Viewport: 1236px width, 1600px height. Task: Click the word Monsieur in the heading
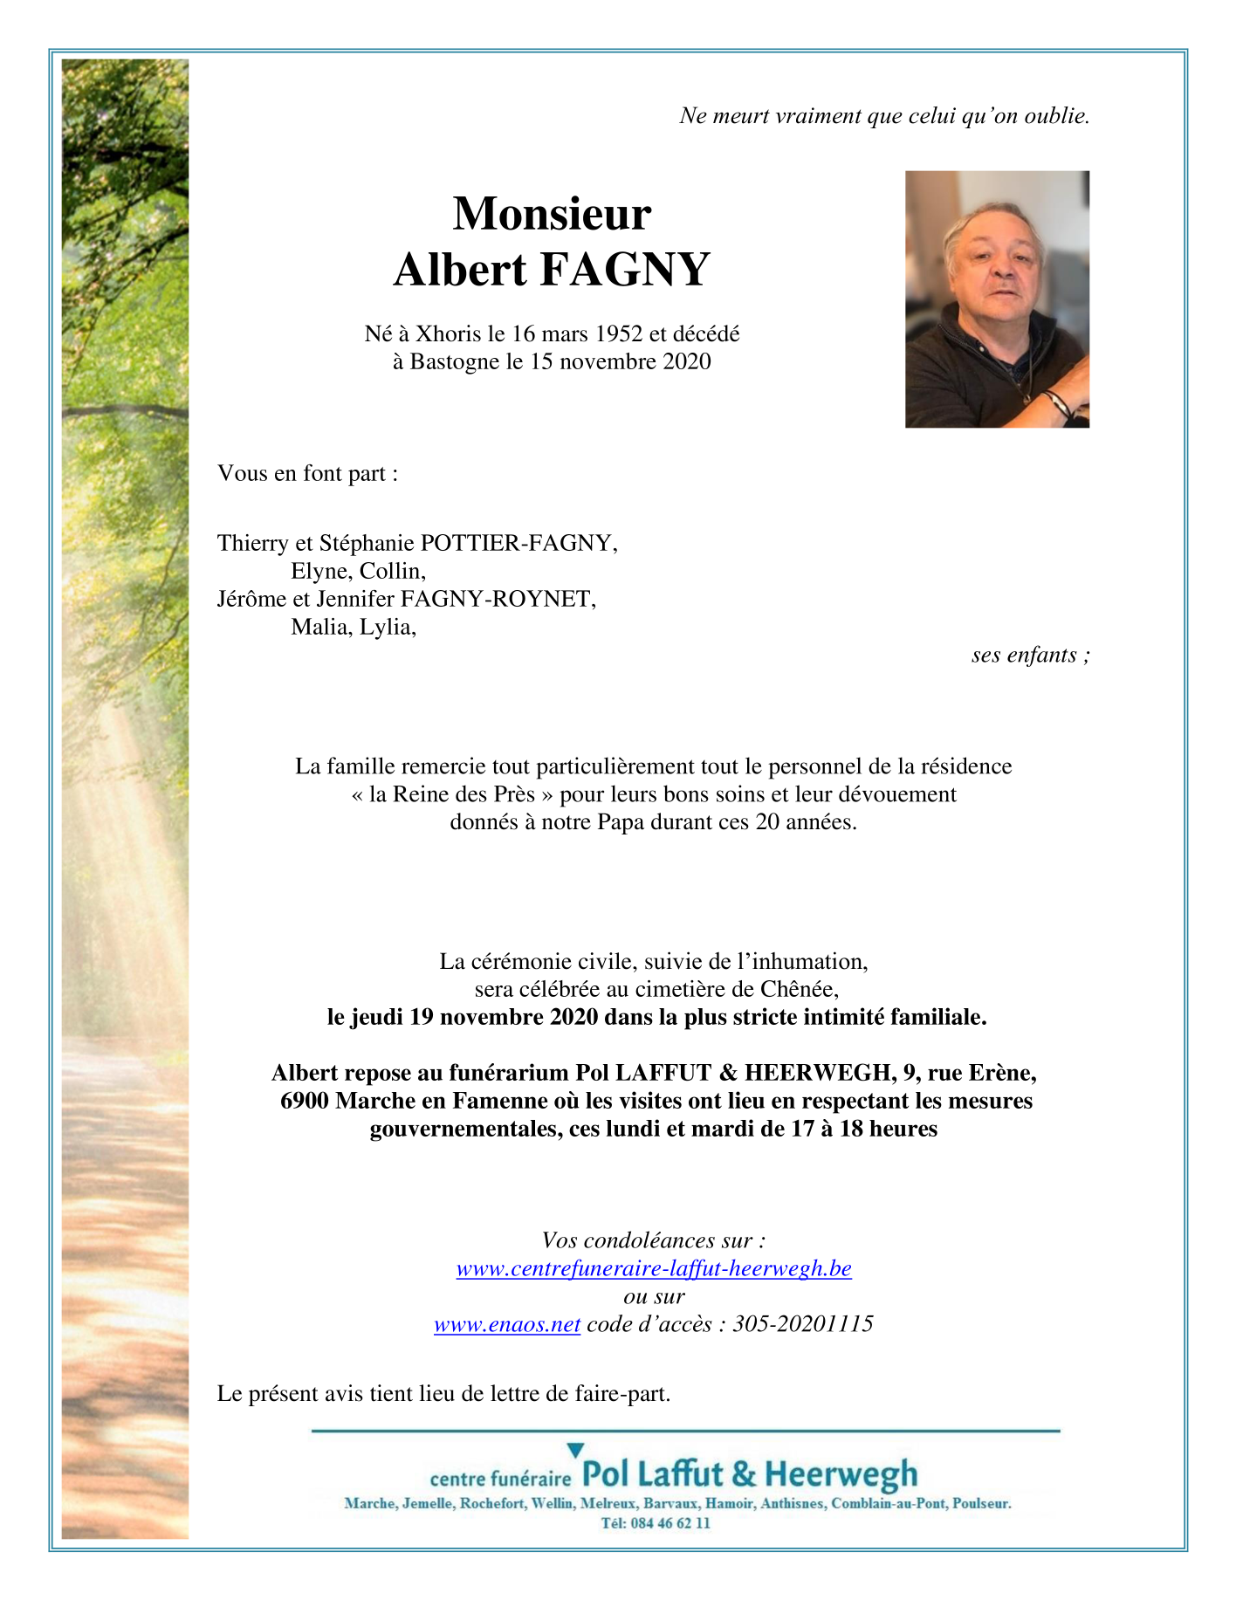(552, 214)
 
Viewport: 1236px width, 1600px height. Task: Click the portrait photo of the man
(997, 299)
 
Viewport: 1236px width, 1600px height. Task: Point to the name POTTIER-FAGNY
(518, 543)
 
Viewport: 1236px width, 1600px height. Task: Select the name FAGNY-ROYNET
(498, 599)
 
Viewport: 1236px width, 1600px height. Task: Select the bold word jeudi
(377, 1017)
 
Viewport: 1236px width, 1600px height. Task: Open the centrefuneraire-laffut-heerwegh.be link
(654, 1268)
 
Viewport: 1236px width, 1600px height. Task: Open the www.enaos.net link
(507, 1324)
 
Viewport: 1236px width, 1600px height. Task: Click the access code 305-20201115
(803, 1324)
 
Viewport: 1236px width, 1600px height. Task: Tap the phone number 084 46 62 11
(667, 1523)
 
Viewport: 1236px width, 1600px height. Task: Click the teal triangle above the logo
(575, 1450)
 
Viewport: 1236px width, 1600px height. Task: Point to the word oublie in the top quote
(1056, 115)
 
